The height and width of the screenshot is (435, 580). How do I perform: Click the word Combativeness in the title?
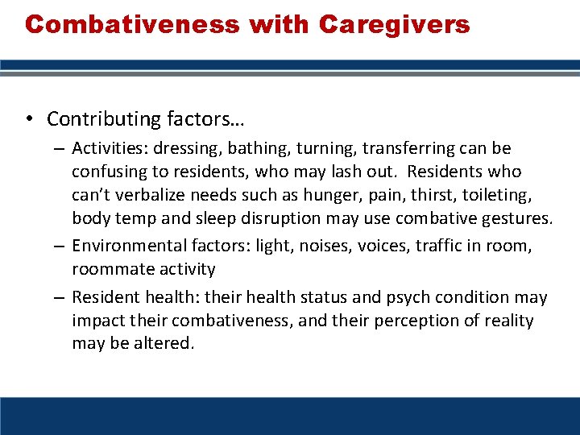tap(132, 24)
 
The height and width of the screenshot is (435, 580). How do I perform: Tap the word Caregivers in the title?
tap(394, 24)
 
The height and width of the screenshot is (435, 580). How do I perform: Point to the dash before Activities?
tap(60, 149)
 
